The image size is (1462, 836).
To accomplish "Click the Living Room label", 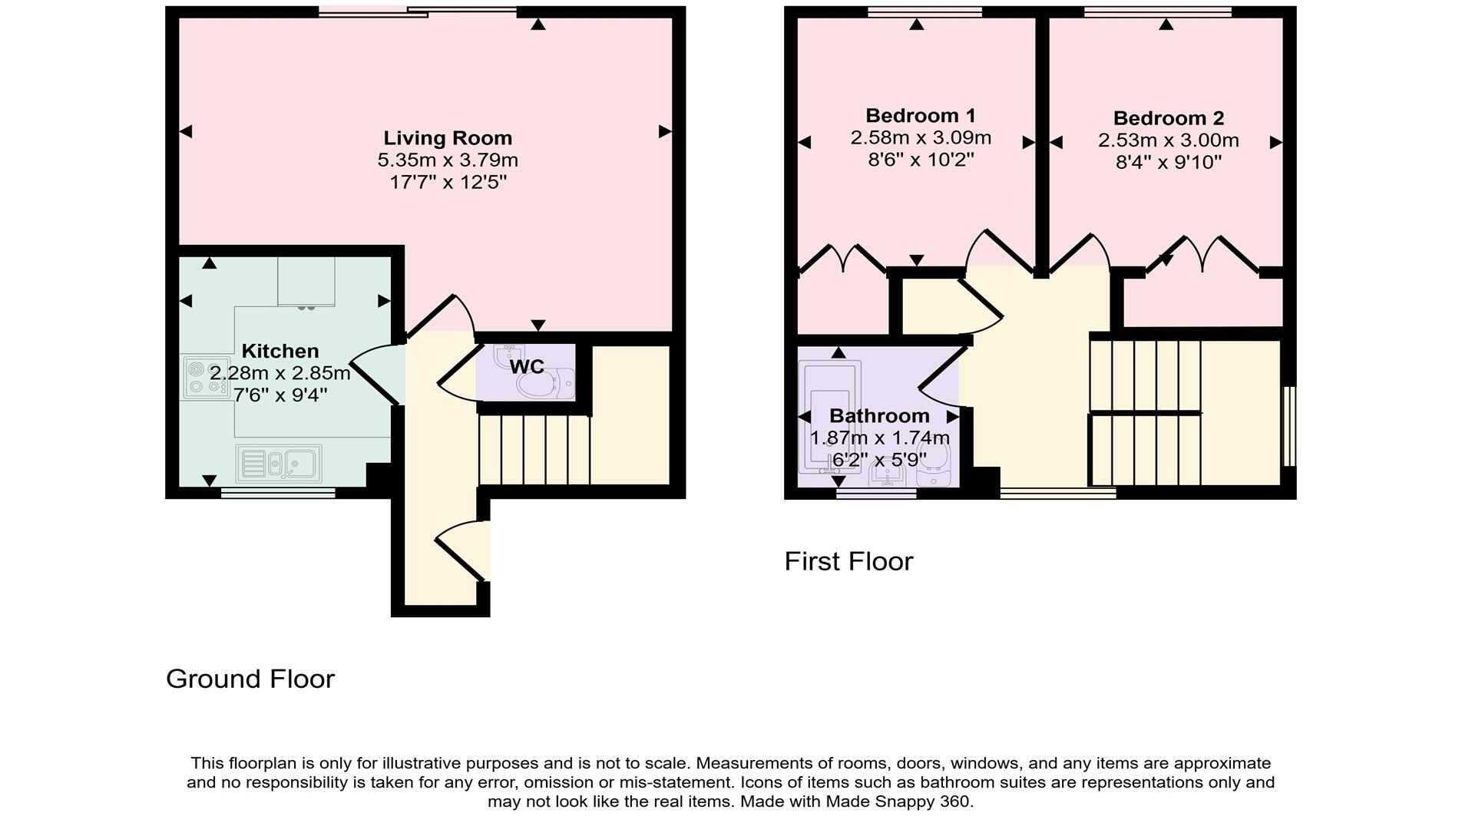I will click(x=448, y=138).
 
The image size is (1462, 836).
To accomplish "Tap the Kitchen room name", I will click(x=280, y=351).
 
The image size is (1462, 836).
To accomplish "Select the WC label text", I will click(x=527, y=367).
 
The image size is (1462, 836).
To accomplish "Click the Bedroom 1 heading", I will click(x=920, y=116).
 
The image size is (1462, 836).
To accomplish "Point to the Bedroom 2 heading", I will click(x=1168, y=118).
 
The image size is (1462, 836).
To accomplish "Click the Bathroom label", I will click(x=879, y=416).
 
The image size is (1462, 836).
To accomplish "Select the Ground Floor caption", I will click(x=250, y=679).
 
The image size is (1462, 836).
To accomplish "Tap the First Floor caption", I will click(x=848, y=561).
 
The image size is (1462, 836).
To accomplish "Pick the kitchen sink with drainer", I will click(x=279, y=464).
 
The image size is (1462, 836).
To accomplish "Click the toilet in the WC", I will click(x=548, y=385).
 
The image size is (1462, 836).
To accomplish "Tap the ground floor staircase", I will click(x=534, y=450).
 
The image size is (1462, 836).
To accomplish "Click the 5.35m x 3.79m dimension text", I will click(x=448, y=160).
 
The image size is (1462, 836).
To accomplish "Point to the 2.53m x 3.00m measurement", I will click(x=1168, y=140).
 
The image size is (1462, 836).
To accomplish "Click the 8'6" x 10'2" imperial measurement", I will click(x=920, y=160).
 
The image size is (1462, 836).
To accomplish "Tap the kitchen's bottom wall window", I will click(x=278, y=493).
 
